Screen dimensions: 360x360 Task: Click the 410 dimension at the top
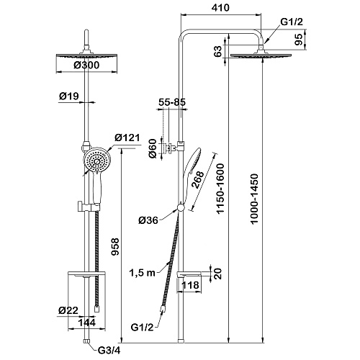point(220,8)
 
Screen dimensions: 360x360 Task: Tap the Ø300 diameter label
point(86,65)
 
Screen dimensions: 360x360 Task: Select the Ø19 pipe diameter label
point(69,96)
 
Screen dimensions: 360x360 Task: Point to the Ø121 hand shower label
point(127,138)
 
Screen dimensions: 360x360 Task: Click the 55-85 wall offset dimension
point(172,102)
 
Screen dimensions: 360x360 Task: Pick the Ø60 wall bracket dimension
point(153,148)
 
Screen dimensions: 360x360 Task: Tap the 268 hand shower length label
point(198,180)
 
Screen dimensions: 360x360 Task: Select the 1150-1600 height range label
point(220,189)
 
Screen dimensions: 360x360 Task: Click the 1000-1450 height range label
point(254,199)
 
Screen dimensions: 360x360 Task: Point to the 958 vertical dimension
point(115,247)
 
